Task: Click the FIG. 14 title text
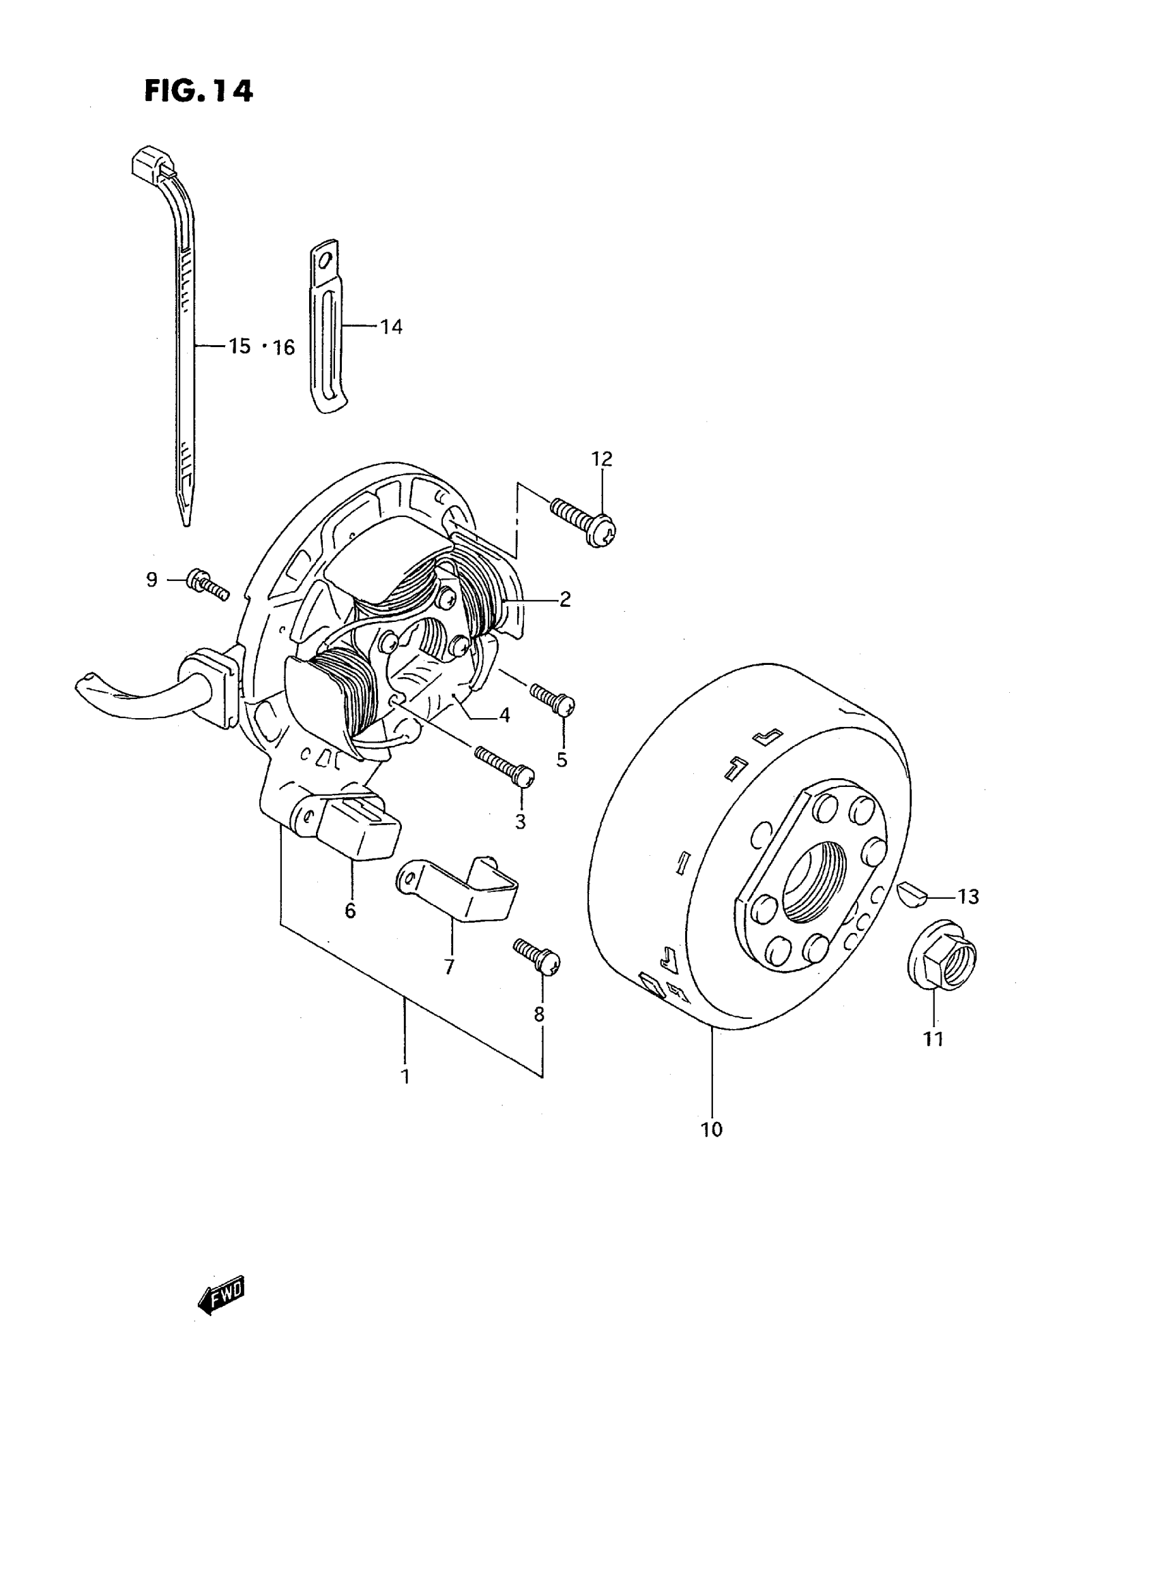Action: [198, 91]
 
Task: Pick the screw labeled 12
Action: [583, 521]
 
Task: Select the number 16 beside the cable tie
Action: [284, 347]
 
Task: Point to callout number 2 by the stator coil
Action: [565, 599]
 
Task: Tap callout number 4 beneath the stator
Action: [504, 716]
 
